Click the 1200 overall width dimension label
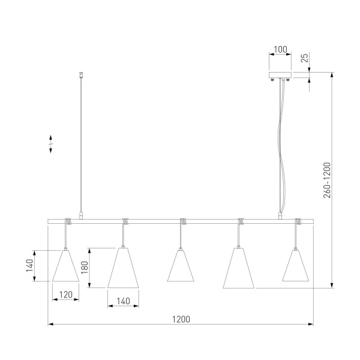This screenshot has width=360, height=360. click(x=181, y=319)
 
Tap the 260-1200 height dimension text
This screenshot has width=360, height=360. click(x=327, y=180)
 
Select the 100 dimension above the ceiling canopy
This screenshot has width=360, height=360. click(x=280, y=49)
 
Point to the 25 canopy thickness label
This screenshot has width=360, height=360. click(x=304, y=58)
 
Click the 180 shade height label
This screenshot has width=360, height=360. click(x=85, y=267)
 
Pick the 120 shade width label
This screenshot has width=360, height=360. click(x=66, y=295)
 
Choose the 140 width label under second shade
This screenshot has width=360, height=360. click(x=123, y=301)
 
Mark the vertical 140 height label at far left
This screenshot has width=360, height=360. click(x=29, y=265)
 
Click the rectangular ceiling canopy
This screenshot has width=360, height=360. click(x=280, y=75)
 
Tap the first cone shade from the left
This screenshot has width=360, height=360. click(x=65, y=266)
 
